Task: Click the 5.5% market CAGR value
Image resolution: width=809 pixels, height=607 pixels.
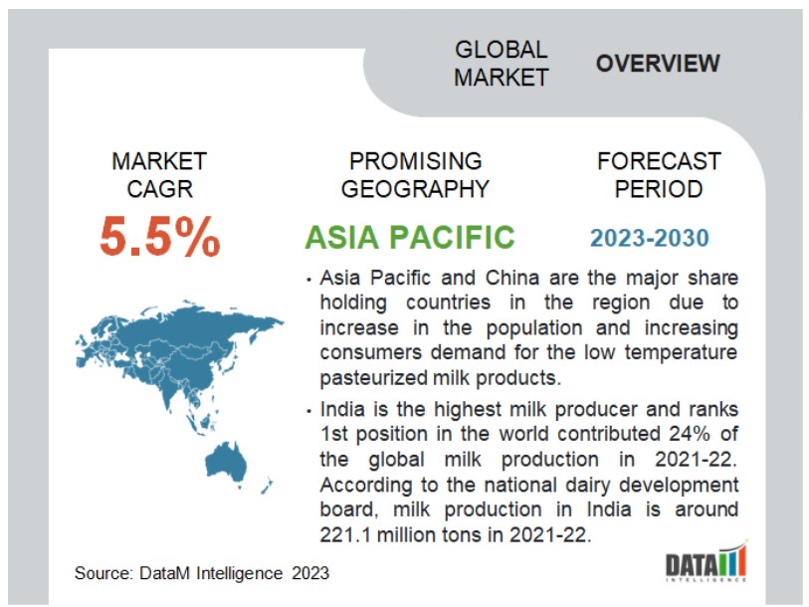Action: click(160, 237)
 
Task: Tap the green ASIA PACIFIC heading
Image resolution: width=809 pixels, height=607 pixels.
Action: click(410, 237)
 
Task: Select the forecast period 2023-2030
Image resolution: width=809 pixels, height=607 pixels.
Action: click(650, 238)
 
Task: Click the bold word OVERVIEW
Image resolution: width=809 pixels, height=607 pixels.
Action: click(658, 64)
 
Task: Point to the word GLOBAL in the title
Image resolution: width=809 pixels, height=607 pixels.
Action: click(501, 50)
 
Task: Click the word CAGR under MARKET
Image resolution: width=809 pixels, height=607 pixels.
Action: click(160, 189)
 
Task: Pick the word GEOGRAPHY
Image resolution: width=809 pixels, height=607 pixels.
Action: click(415, 189)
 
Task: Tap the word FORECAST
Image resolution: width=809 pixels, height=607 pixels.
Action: click(659, 161)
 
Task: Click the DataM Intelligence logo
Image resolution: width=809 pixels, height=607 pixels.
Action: click(706, 561)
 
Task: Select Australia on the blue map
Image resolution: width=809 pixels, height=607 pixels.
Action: click(226, 462)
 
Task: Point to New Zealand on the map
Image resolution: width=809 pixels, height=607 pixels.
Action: click(267, 487)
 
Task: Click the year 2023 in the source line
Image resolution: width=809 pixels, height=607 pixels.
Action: click(310, 573)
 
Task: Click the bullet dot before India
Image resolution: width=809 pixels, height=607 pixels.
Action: click(309, 411)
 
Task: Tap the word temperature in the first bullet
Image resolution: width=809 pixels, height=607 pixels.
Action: click(681, 353)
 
